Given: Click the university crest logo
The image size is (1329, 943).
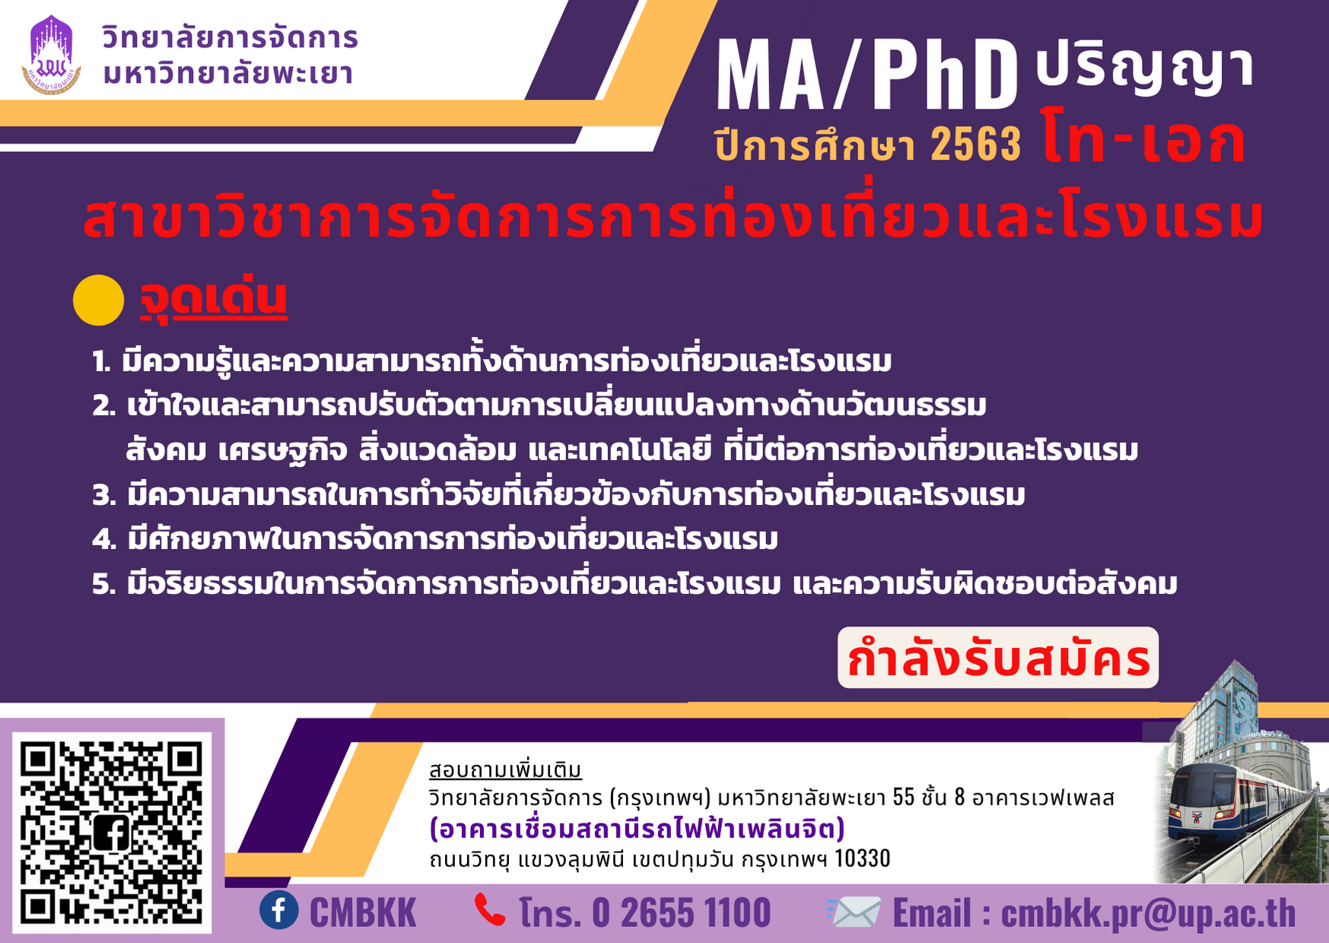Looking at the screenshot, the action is (x=52, y=55).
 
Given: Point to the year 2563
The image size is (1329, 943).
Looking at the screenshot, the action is (x=976, y=144).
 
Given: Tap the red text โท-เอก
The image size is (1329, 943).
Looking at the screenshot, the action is (x=1144, y=138).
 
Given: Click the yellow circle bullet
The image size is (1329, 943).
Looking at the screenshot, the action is (x=98, y=300).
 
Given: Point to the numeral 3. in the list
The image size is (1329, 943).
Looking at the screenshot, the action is (x=104, y=496).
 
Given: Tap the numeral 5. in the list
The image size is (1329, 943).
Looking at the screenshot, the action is (x=104, y=585).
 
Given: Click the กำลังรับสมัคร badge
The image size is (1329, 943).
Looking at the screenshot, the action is (x=998, y=658).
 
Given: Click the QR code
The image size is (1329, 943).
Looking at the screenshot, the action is (x=112, y=833).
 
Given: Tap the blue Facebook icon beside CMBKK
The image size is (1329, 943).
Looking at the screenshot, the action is (x=279, y=910).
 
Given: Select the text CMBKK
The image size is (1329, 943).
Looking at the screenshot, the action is (x=363, y=913).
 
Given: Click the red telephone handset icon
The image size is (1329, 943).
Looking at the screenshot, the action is (x=490, y=910).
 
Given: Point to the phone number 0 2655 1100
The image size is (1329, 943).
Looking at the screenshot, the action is (x=682, y=913).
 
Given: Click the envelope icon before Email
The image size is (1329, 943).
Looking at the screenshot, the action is (x=854, y=911).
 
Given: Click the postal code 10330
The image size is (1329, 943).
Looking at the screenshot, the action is (x=863, y=859).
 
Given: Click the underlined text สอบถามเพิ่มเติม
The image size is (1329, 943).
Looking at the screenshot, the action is (x=506, y=770).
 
